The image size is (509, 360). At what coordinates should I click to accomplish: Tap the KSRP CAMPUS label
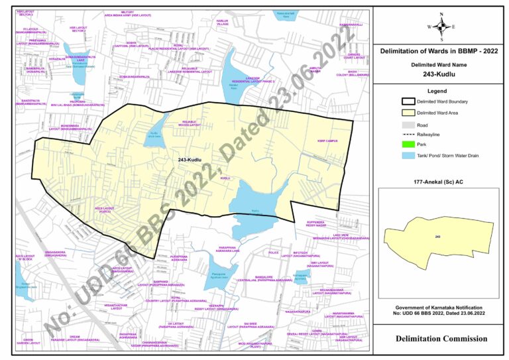(327, 141)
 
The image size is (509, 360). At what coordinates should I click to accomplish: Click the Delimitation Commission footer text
(441, 339)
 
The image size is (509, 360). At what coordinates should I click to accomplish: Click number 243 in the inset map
(438, 236)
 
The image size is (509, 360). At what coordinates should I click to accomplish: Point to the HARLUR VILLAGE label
(223, 23)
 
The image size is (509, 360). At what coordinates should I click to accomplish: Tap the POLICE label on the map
(274, 253)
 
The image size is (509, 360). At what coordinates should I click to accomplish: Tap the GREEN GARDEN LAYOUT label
(30, 341)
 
